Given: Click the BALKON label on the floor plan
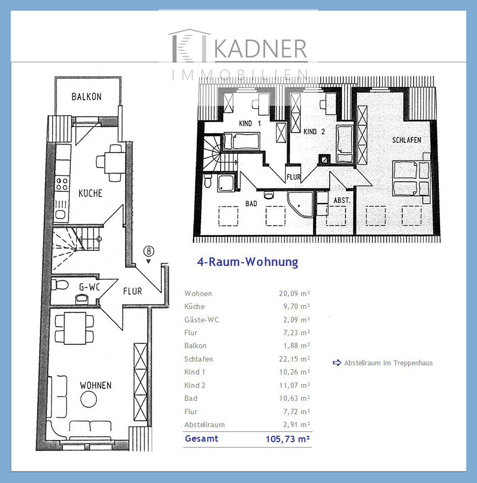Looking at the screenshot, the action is pyautogui.click(x=87, y=97).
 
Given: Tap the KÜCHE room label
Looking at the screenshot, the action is pyautogui.click(x=90, y=193).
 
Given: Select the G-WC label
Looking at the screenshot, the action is pyautogui.click(x=89, y=287).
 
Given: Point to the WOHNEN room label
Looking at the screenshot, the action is pyautogui.click(x=96, y=385).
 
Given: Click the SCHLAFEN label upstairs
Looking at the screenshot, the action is pyautogui.click(x=407, y=140).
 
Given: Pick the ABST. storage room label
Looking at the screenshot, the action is pyautogui.click(x=342, y=200).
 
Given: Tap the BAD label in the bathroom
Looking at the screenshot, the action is pyautogui.click(x=251, y=204).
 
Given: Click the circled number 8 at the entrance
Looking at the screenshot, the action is pyautogui.click(x=148, y=251).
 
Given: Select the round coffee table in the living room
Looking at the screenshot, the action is pyautogui.click(x=89, y=399).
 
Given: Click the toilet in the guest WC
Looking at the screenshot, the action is pyautogui.click(x=60, y=285).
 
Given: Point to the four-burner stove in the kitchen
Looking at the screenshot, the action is pyautogui.click(x=62, y=184).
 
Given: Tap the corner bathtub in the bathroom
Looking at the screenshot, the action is pyautogui.click(x=300, y=204).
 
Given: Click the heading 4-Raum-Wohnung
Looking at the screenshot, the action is pyautogui.click(x=247, y=262).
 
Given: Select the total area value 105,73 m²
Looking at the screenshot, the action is pyautogui.click(x=288, y=438).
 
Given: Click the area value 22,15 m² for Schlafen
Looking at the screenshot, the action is pyautogui.click(x=295, y=359).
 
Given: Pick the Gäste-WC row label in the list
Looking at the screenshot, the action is pyautogui.click(x=202, y=320).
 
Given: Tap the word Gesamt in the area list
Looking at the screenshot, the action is pyautogui.click(x=201, y=438).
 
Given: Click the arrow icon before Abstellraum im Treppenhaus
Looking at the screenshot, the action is pyautogui.click(x=337, y=363).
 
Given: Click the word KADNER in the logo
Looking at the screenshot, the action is pyautogui.click(x=260, y=49).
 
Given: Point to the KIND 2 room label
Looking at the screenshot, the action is pyautogui.click(x=314, y=132).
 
